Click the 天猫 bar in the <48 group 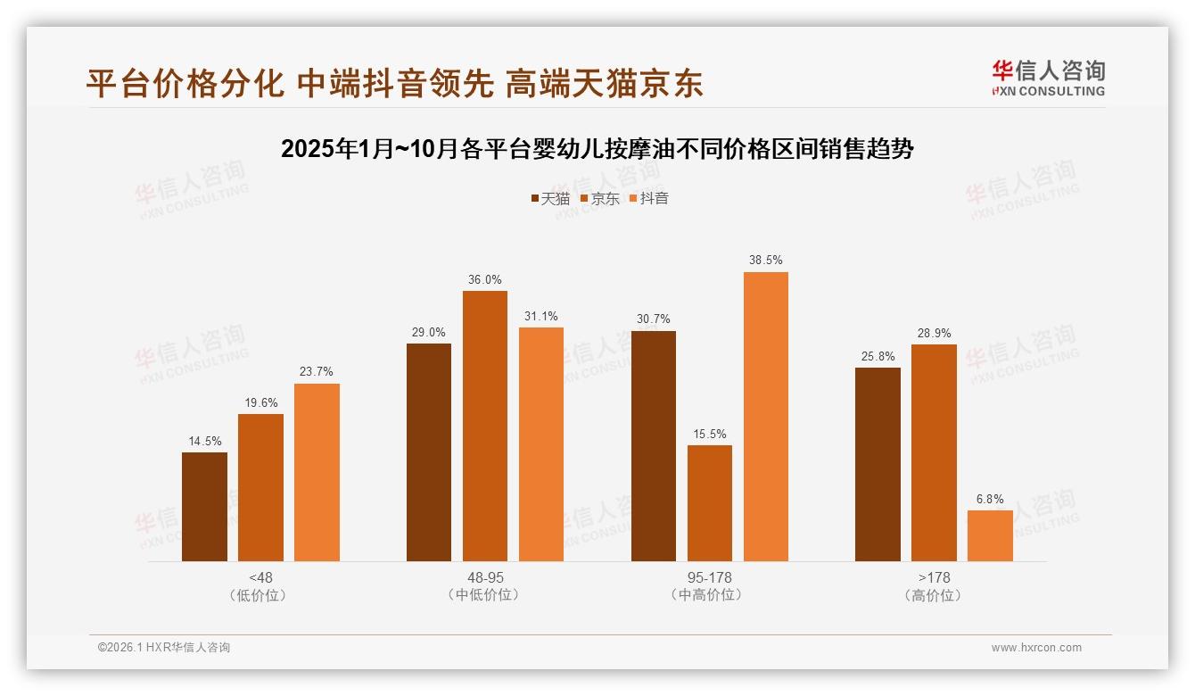point(204,507)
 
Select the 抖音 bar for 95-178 point(765,417)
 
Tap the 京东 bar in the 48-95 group point(484,426)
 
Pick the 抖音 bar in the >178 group point(990,535)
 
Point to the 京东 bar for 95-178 point(710,503)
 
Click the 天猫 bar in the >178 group point(878,464)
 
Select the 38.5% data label point(766,261)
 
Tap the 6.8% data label point(990,499)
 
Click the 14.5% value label point(205,441)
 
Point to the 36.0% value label point(484,279)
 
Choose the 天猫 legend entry point(550,199)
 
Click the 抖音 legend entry point(649,199)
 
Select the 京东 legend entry point(599,199)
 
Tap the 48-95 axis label point(484,577)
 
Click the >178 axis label point(934,577)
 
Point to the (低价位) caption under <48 point(260,595)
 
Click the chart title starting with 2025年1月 point(597,149)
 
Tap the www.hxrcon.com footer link point(1036,648)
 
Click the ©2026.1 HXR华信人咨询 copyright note point(164,648)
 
